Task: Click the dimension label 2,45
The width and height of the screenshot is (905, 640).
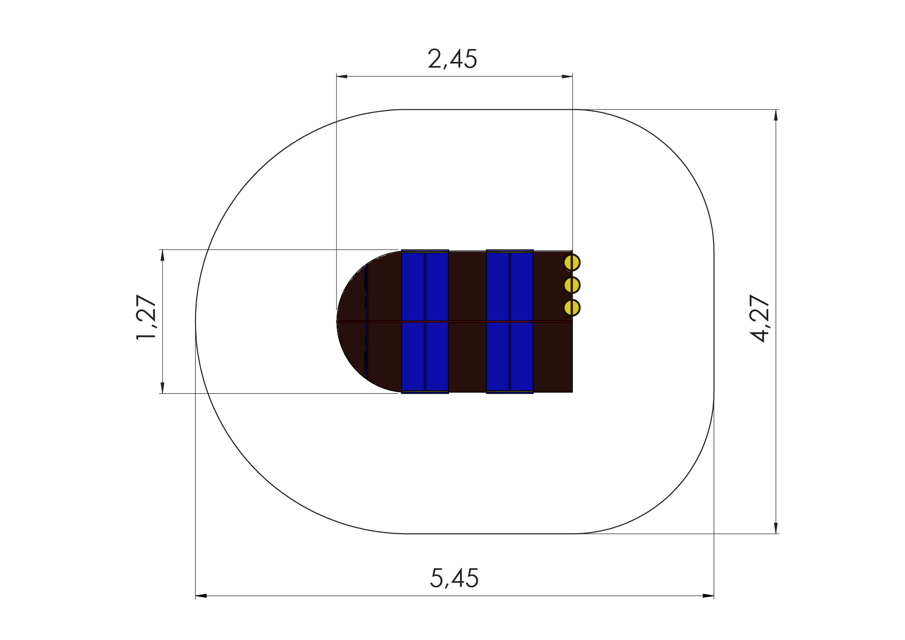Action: [453, 59]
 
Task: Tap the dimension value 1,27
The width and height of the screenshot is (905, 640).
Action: [146, 317]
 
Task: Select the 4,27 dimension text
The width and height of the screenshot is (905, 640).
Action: [759, 318]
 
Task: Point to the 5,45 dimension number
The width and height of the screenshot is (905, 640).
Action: [454, 578]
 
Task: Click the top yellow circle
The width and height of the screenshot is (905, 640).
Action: [572, 263]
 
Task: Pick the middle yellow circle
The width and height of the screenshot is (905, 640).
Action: [572, 285]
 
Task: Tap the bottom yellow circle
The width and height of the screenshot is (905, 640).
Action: [572, 308]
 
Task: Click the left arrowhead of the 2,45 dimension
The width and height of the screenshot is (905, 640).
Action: [342, 76]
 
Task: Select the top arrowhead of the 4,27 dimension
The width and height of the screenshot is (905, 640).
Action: [776, 115]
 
